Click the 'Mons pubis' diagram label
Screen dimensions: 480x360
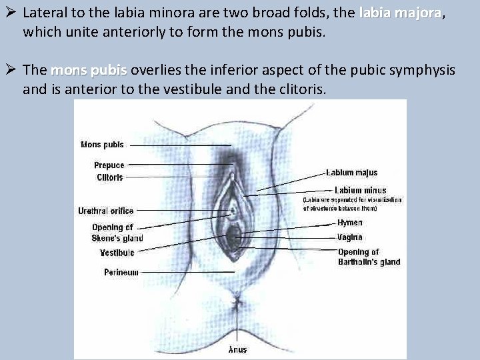101,145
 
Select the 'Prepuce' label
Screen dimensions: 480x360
109,165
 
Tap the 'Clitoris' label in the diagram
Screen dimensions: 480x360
110,177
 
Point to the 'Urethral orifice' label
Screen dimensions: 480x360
105,211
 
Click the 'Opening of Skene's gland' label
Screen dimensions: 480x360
117,233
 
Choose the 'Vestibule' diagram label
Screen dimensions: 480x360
117,253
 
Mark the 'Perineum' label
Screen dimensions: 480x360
121,272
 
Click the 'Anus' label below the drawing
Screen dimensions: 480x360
238,349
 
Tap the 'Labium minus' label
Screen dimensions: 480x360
360,190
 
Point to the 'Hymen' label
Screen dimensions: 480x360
350,223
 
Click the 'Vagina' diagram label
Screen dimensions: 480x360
350,237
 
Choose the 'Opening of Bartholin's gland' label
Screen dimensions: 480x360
369,257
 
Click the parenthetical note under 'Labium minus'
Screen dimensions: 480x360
353,203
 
